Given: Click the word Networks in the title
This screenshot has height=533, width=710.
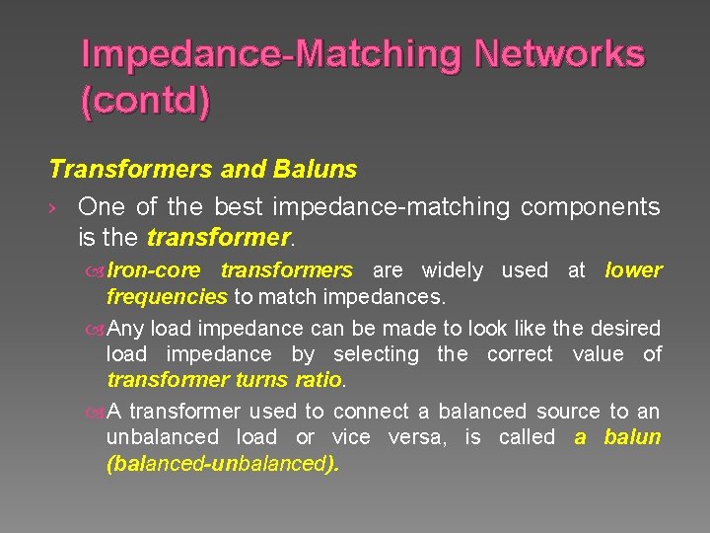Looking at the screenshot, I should (x=559, y=54).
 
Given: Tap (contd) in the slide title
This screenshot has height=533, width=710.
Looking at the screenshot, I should (x=145, y=102).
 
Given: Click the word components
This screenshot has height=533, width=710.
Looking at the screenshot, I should (x=590, y=207).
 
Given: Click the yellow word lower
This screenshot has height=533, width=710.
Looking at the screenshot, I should (x=633, y=270).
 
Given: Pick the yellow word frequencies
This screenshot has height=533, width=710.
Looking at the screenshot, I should (x=167, y=296).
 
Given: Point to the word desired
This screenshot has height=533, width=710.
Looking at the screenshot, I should (x=626, y=328).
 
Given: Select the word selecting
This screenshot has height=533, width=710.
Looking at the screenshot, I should (x=376, y=353).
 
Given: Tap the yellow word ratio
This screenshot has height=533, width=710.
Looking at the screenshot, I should (x=317, y=379).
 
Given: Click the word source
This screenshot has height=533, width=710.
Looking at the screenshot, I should (x=567, y=412).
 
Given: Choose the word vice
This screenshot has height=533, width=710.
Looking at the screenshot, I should (x=353, y=437).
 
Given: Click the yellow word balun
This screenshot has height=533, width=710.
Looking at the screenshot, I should (x=632, y=437).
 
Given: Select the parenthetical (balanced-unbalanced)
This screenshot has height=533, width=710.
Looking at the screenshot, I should (x=222, y=463).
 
